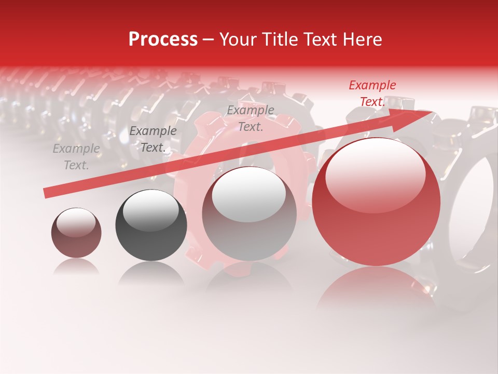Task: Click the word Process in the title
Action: [163, 39]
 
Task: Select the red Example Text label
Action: [372, 94]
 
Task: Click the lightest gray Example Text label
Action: [76, 157]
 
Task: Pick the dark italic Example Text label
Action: [153, 139]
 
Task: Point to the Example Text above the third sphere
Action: [251, 118]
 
